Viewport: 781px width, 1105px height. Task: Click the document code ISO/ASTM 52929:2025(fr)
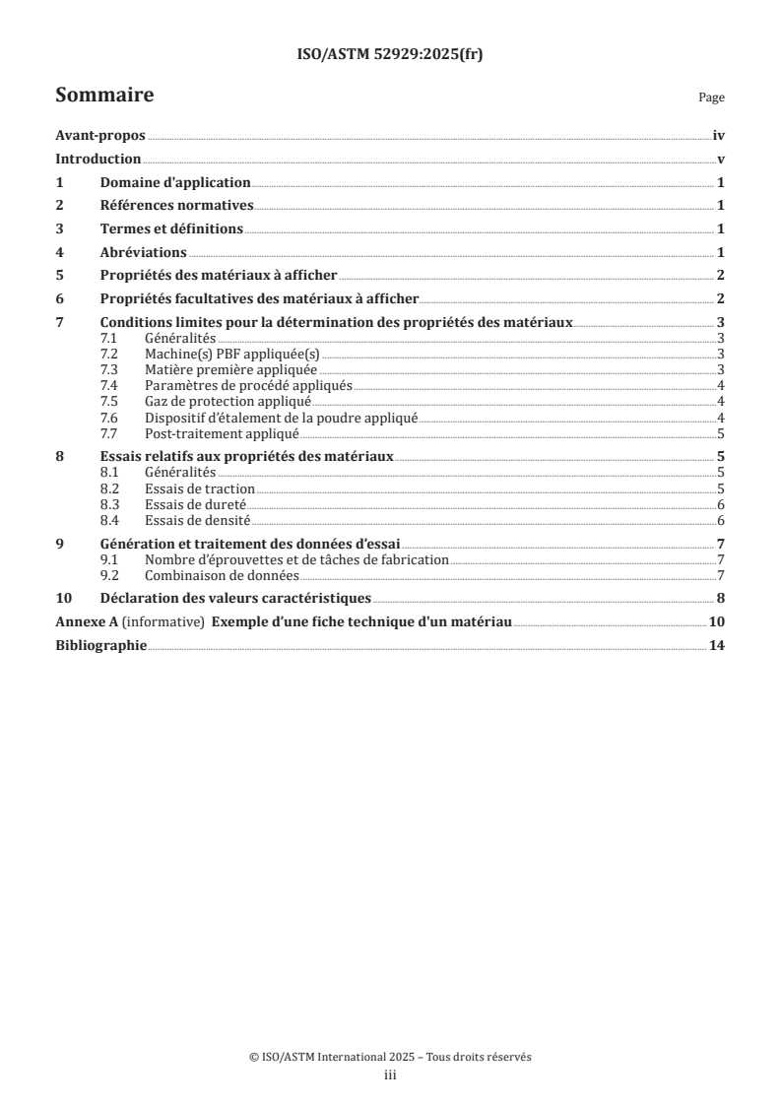pyautogui.click(x=390, y=55)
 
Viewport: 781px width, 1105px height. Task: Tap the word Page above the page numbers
pyautogui.click(x=711, y=97)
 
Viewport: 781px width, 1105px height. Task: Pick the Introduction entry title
pyautogui.click(x=98, y=160)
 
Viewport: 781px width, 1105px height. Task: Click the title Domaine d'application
pyautogui.click(x=175, y=183)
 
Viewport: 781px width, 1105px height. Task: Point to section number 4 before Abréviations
pyautogui.click(x=60, y=252)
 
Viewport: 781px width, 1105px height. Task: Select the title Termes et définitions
pyautogui.click(x=171, y=229)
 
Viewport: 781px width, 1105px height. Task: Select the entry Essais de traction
pyautogui.click(x=199, y=488)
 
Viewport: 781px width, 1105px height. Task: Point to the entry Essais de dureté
pyautogui.click(x=195, y=504)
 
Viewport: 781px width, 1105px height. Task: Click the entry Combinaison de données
pyautogui.click(x=222, y=575)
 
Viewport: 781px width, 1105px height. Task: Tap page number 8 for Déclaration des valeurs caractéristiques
pyautogui.click(x=722, y=598)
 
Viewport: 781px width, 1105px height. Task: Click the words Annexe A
pyautogui.click(x=81, y=622)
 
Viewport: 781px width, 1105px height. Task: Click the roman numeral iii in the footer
pyautogui.click(x=390, y=1076)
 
